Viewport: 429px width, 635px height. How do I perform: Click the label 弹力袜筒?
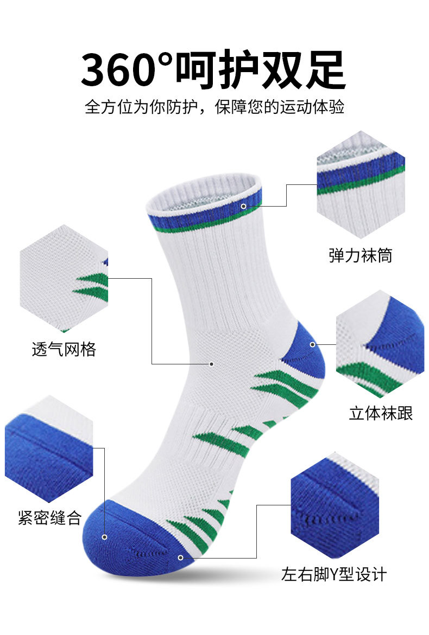pos(361,255)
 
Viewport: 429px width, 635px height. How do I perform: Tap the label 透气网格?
pos(64,349)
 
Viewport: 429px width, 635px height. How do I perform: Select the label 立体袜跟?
pos(381,413)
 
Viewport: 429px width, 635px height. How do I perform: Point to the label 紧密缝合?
pos(49,518)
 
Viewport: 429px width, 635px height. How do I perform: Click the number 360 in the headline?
pos(124,70)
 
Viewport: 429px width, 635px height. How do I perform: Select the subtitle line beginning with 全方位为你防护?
pos(214,106)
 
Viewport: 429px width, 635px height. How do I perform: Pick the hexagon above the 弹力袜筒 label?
pos(361,184)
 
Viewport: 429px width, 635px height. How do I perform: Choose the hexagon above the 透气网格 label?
pos(64,278)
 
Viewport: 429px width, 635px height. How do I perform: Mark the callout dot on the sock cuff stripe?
pos(244,206)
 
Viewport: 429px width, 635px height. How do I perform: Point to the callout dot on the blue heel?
pos(312,344)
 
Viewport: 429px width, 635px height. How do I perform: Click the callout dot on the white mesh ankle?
pos(211,364)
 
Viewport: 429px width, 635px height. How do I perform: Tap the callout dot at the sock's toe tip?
pos(104,537)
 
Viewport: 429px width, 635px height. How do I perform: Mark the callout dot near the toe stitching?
pos(180,557)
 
